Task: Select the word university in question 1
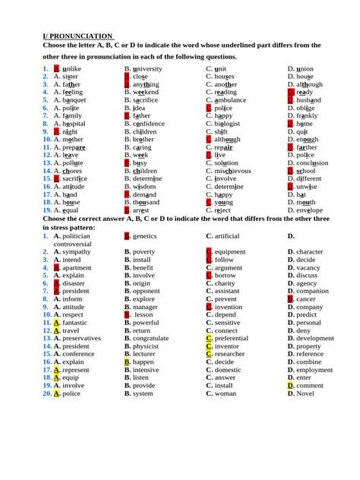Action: click(x=147, y=68)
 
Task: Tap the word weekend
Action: click(x=146, y=92)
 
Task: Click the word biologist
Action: click(x=228, y=123)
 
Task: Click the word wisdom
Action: click(x=144, y=186)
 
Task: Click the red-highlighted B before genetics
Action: click(x=127, y=236)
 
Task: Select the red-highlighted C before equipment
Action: click(x=209, y=251)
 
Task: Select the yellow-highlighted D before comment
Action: click(x=291, y=386)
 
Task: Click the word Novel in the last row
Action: click(x=305, y=393)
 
